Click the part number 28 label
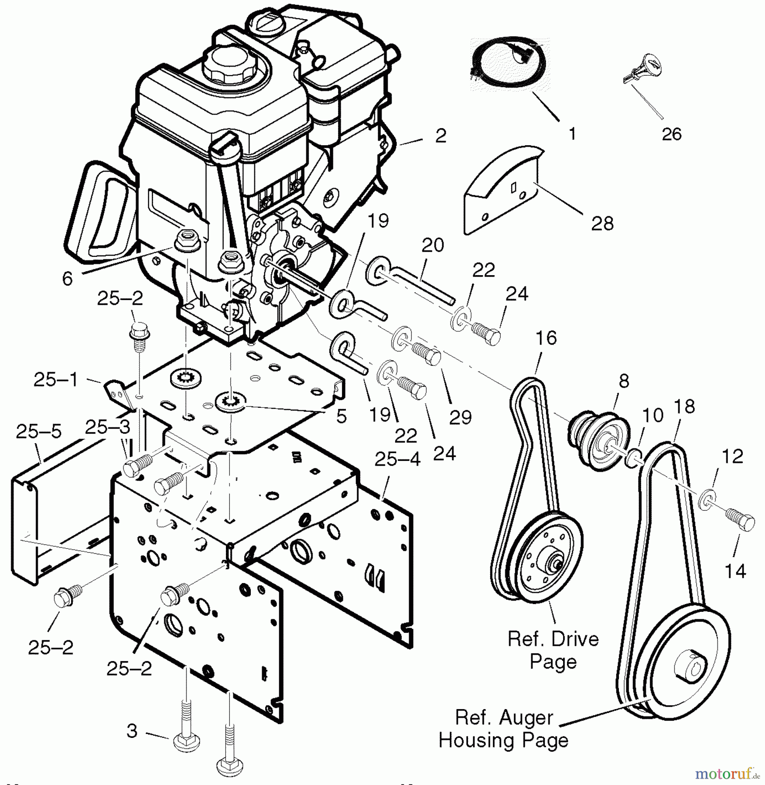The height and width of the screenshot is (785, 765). pos(602,224)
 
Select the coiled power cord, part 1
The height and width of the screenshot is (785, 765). pos(509,66)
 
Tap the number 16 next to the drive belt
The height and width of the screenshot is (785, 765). pos(546,338)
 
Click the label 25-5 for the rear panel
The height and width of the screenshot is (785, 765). pos(39,432)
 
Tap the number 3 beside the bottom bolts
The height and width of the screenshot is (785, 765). pos(132,731)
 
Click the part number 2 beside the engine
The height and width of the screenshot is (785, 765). pos(441,136)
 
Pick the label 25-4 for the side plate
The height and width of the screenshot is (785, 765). pos(397,459)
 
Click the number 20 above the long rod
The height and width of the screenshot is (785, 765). pos(433,246)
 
